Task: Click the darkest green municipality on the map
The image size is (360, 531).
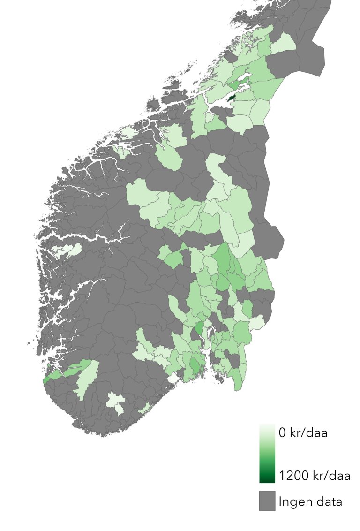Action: coord(232,96)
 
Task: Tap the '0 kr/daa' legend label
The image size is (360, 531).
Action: coord(303,433)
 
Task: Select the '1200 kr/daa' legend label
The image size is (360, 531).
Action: coord(315,476)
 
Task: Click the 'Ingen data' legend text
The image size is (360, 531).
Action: coord(310,501)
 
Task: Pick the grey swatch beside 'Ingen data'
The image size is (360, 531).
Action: coord(267,501)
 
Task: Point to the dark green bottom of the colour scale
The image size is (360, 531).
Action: coord(267,478)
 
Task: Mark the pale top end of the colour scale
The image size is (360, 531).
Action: coord(267,428)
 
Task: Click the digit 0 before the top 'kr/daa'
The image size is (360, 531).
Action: coord(282,433)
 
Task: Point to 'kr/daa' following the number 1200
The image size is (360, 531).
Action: coord(330,476)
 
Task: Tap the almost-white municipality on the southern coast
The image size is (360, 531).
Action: coord(172,378)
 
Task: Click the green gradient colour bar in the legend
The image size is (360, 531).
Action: coord(267,454)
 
